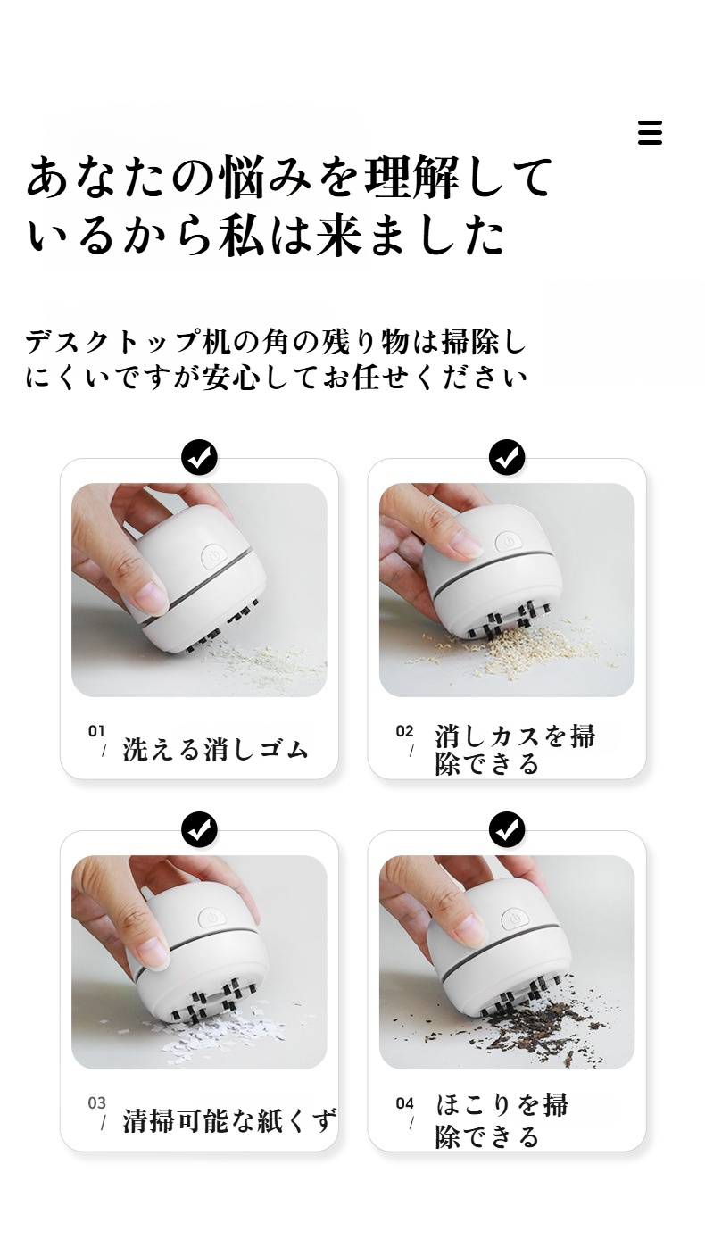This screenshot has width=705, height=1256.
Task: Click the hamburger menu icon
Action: point(650,132)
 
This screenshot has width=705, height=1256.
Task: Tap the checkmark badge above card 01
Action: point(199,458)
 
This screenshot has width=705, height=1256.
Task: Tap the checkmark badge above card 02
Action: point(507,458)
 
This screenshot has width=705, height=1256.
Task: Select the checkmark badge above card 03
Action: point(199,830)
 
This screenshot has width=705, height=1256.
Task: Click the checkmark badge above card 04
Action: point(507,830)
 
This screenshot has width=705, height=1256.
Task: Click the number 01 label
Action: point(96,731)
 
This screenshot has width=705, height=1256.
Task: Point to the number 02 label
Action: point(404,731)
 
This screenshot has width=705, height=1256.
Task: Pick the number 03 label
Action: point(96,1103)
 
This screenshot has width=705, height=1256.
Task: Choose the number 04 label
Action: point(404,1103)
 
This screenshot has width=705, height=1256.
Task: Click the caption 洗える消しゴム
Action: point(215,749)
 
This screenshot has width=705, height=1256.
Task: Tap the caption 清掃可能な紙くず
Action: point(229,1121)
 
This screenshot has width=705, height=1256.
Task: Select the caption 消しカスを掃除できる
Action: point(514,750)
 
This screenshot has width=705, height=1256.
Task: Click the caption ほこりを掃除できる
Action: point(501,1120)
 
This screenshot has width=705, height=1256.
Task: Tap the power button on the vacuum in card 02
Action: point(506,542)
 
